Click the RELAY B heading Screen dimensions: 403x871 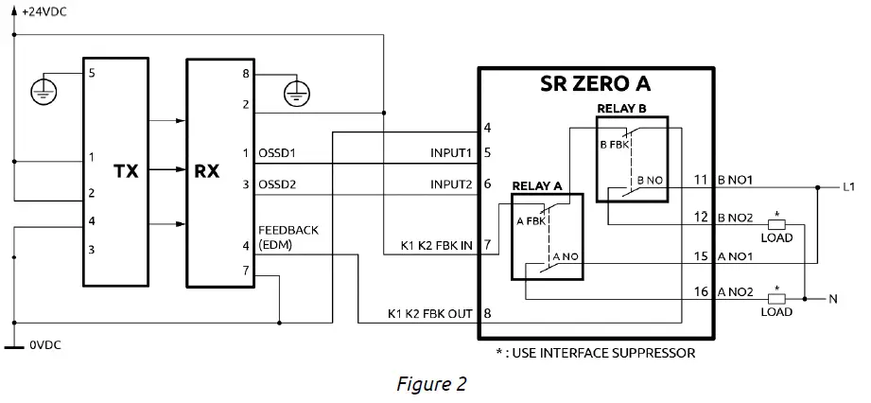(x=621, y=108)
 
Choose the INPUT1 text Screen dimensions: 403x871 (x=452, y=152)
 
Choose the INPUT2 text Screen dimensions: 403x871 (x=452, y=184)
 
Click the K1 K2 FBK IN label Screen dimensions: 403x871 (x=435, y=247)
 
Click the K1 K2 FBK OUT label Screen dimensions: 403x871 (x=430, y=313)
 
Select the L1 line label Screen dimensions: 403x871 (x=848, y=187)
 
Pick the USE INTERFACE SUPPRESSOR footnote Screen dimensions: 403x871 (x=596, y=353)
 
